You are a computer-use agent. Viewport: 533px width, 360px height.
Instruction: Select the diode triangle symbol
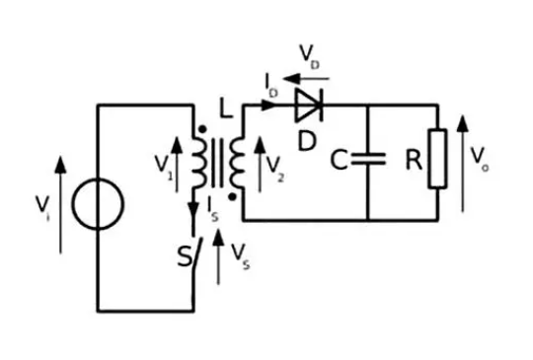[x=308, y=106]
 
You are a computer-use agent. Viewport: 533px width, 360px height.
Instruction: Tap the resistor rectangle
[x=437, y=160]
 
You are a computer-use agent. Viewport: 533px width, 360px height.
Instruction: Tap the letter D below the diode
[x=307, y=141]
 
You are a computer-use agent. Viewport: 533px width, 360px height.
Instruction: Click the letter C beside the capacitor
[x=339, y=160]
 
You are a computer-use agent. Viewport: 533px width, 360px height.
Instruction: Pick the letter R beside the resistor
[x=414, y=161]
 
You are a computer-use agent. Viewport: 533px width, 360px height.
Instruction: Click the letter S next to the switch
[x=183, y=257]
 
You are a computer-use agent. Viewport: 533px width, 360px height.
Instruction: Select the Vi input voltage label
[x=42, y=205]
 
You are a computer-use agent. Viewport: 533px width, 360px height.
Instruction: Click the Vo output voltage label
[x=480, y=159]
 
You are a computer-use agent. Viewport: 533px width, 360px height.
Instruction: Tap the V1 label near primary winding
[x=162, y=166]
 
